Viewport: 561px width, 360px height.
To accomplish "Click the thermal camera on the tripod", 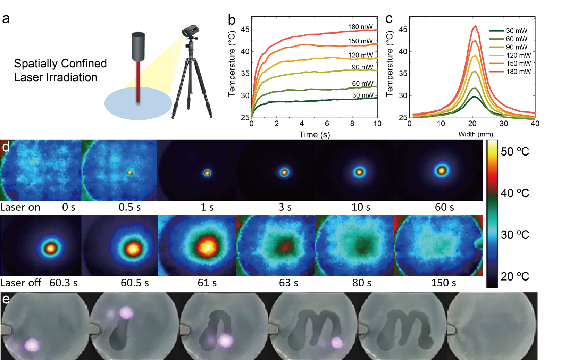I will (x=190, y=31).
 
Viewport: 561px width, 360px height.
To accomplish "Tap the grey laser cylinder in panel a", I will (x=138, y=47).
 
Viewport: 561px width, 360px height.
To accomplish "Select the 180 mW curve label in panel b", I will (x=360, y=27).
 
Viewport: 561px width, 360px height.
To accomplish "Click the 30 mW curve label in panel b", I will (x=363, y=95).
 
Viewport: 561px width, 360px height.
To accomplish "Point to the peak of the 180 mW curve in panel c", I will (x=475, y=26).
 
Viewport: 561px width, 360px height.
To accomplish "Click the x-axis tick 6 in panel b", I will (x=327, y=124).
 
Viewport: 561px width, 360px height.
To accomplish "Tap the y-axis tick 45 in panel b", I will (x=245, y=30).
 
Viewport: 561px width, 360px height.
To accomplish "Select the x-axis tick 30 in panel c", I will (x=503, y=124).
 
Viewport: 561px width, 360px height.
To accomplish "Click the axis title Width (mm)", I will (x=476, y=134).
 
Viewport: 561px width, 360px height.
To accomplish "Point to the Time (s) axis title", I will (x=314, y=135).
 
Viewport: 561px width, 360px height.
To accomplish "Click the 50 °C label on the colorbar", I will (x=515, y=152).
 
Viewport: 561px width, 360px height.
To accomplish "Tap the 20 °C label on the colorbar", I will (x=515, y=276).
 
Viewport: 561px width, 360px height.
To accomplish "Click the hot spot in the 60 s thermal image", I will (x=442, y=170).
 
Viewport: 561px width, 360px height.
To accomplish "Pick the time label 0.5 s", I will (x=129, y=207).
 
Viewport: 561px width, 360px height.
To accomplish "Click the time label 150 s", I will (x=443, y=283).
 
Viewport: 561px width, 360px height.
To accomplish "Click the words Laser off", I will (x=20, y=283).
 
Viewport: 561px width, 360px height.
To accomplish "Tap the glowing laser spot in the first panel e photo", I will (x=32, y=345).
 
